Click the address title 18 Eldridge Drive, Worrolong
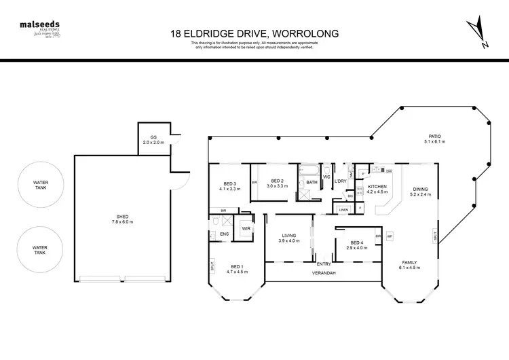click(x=254, y=32)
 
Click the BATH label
click(x=312, y=182)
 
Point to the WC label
click(x=326, y=177)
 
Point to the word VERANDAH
click(x=324, y=273)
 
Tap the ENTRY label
click(x=324, y=264)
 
